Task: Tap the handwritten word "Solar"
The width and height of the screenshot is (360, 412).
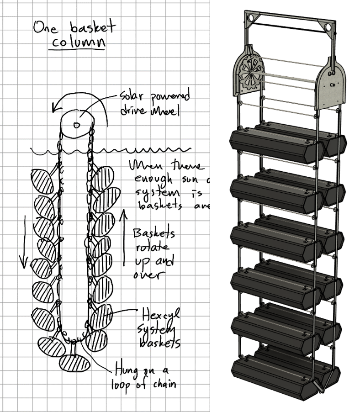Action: [x=132, y=97]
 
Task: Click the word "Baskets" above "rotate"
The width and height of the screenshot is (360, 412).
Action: [x=154, y=233]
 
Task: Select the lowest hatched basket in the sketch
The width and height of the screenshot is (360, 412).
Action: [x=74, y=363]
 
